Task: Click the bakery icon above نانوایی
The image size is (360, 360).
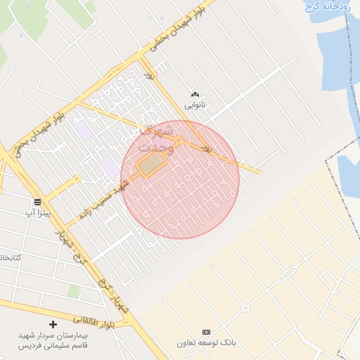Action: [195, 94]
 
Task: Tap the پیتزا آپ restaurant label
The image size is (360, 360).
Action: [38, 212]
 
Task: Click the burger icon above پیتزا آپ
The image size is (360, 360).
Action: [37, 202]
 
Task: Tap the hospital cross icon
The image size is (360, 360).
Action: [53, 325]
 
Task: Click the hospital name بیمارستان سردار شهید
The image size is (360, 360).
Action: [53, 336]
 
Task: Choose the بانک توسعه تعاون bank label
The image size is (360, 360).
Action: [206, 342]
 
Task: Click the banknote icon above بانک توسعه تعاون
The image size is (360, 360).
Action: [206, 332]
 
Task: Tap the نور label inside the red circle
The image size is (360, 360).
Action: [206, 148]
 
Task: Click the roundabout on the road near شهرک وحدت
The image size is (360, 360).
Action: [179, 141]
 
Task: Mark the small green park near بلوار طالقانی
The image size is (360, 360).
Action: [73, 291]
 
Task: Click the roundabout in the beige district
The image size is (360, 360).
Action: [245, 308]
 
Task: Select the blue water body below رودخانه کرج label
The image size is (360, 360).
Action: [337, 49]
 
